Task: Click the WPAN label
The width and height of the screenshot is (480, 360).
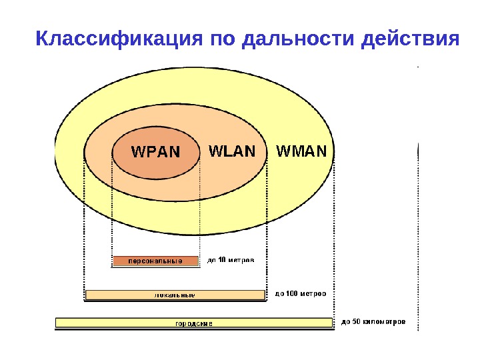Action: (155, 152)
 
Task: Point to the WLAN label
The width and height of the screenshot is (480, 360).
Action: (232, 151)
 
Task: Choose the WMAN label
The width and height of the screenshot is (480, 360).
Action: (301, 151)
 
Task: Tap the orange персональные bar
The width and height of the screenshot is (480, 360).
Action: (155, 261)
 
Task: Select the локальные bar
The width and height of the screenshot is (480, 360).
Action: (175, 295)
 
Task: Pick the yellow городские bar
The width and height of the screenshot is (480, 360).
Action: (193, 323)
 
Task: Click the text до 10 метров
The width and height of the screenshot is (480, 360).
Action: (230, 261)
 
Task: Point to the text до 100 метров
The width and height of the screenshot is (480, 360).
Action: (301, 293)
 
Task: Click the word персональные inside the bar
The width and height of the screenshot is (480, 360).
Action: (155, 261)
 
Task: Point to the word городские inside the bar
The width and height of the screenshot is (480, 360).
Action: (193, 323)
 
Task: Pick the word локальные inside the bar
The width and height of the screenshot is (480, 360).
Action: (175, 295)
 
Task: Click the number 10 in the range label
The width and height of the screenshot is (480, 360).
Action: (221, 261)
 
